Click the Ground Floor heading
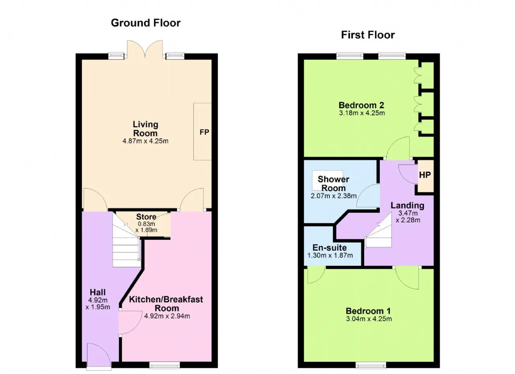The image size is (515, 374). tap(146, 23)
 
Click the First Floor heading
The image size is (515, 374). tap(368, 35)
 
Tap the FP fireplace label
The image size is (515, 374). tap(204, 132)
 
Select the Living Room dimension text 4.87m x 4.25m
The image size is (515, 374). tap(145, 141)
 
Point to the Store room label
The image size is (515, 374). tap(146, 217)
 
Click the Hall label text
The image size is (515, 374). tap(98, 292)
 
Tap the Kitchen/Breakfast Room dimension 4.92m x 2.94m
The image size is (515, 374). tap(167, 316)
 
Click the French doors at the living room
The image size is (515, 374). tap(145, 49)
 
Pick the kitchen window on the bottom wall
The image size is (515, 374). tap(165, 365)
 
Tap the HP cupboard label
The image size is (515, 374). tap(425, 175)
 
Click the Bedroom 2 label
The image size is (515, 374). tap(361, 105)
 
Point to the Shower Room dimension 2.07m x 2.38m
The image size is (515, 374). tap(334, 196)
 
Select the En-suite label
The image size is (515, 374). tap(330, 247)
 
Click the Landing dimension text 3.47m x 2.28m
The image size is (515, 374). tap(408, 217)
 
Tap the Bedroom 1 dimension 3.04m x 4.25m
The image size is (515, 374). tap(369, 319)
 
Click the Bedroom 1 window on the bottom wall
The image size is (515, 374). tap(371, 365)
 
